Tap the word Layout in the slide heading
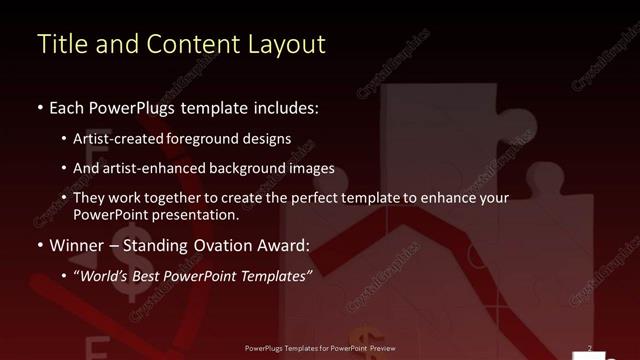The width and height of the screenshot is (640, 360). pyautogui.click(x=288, y=44)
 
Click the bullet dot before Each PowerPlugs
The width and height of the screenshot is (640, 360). pyautogui.click(x=40, y=106)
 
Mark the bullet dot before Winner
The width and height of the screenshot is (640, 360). pyautogui.click(x=40, y=245)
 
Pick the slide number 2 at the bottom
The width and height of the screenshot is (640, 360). pyautogui.click(x=590, y=349)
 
